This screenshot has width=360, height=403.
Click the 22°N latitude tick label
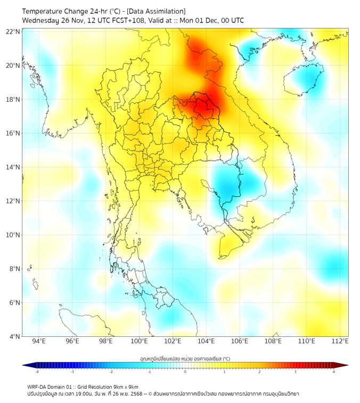(13, 31)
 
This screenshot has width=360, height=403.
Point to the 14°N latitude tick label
(13, 167)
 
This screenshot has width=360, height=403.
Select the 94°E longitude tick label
(39, 342)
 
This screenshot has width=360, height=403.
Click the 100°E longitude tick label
(140, 342)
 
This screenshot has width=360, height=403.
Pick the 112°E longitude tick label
(340, 342)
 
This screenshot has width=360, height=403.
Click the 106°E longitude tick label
(240, 342)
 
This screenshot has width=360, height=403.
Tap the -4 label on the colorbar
(36, 372)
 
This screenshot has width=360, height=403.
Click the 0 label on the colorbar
(185, 372)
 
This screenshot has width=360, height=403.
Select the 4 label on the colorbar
(334, 372)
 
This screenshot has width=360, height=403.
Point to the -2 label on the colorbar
(111, 372)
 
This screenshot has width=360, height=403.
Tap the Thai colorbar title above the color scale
(185, 358)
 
